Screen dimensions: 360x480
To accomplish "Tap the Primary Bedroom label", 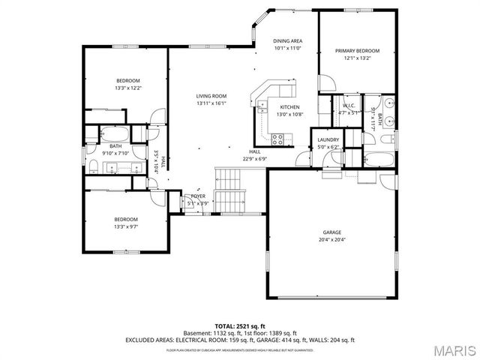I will coord(357,51).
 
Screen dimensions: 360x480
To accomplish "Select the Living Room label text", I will coord(211,96).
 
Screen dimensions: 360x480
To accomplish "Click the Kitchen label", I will coord(268,107).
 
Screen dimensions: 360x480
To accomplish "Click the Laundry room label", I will coord(328,139).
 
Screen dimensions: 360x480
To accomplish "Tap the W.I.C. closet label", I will coord(348,106).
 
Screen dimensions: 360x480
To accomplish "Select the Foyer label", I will coord(198,196).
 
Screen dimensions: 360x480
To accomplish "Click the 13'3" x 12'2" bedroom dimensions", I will coord(128,88).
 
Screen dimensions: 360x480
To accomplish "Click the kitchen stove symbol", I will coord(277,138).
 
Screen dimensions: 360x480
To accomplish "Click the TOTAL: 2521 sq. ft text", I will coord(239,325).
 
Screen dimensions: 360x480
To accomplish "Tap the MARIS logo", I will coord(452,349).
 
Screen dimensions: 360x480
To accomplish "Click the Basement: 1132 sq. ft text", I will coord(211,332).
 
